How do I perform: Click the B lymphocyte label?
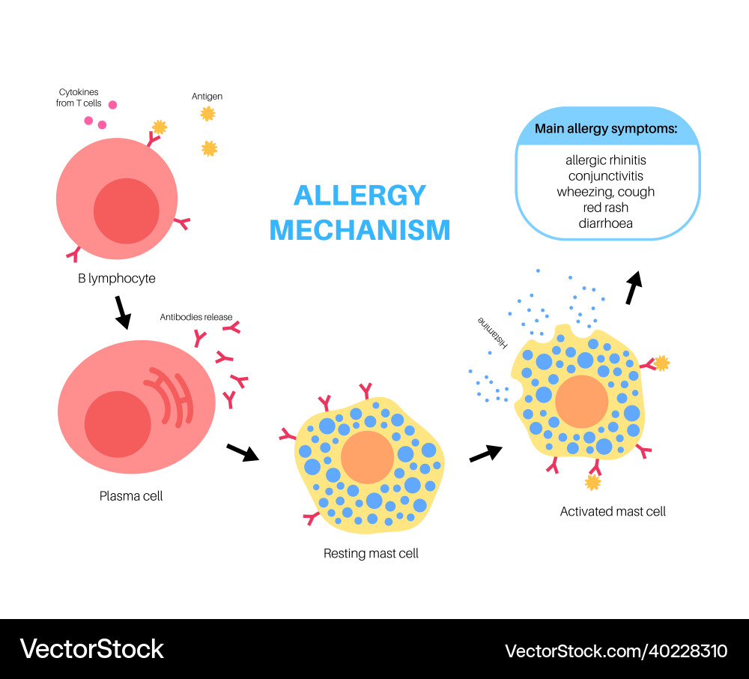click(117, 279)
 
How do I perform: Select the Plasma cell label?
click(131, 496)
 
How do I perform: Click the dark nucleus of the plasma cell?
click(118, 424)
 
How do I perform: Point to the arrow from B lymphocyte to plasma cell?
click(121, 312)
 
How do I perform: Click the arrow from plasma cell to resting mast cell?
click(242, 451)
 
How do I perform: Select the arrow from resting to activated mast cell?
click(485, 453)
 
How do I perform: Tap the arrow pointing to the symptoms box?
click(634, 287)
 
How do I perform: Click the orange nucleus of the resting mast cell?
click(367, 456)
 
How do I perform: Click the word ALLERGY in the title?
click(360, 196)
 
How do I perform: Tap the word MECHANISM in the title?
click(360, 230)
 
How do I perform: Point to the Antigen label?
click(207, 97)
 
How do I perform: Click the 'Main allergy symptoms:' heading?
click(606, 129)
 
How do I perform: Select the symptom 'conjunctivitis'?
click(606, 176)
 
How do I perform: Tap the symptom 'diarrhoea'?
click(606, 223)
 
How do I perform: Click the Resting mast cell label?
click(371, 554)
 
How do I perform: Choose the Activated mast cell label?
click(613, 512)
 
